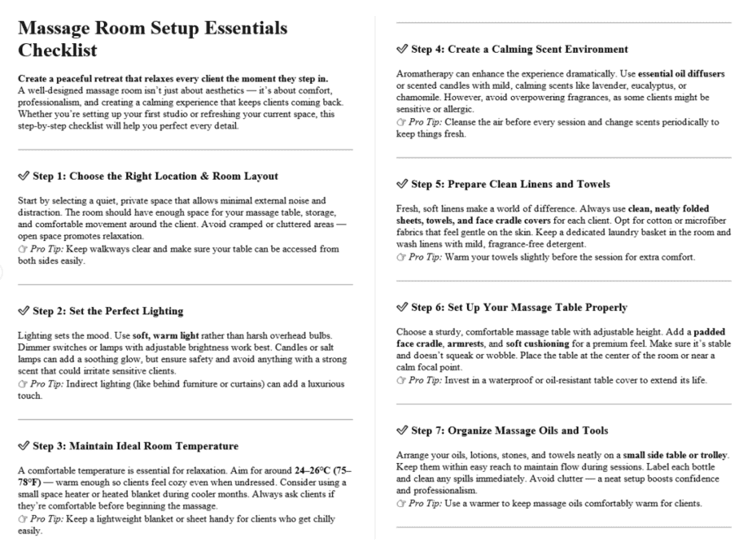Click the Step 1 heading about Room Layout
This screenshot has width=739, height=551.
(x=153, y=176)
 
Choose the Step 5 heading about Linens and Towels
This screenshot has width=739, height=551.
(x=511, y=184)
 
